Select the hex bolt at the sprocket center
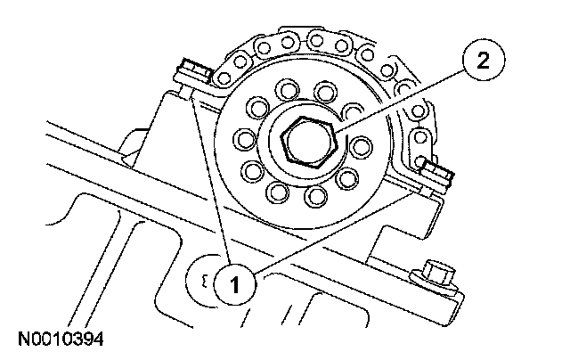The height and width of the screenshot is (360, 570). click(305, 139)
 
